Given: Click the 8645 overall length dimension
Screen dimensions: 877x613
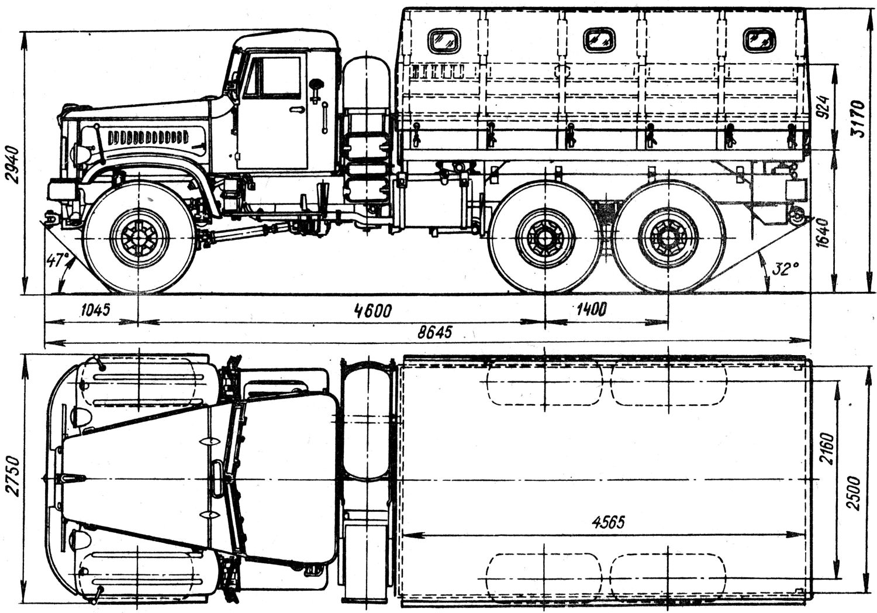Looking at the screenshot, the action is [434, 333].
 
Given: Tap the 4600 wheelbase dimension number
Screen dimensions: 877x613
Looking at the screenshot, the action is [372, 311].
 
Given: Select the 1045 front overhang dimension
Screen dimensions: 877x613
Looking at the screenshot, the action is [95, 310].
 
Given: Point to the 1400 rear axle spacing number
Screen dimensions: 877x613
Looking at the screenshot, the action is [591, 310].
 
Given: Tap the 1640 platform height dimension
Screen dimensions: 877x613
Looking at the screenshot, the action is [824, 232].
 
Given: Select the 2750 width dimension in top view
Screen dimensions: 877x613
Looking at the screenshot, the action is [14, 476].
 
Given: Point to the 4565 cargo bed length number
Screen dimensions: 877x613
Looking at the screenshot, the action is [608, 522].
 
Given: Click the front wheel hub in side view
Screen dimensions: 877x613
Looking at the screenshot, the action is [139, 237].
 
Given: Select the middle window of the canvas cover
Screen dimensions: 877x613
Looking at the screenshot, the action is [599, 40].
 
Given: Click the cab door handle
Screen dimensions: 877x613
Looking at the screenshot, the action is [298, 109].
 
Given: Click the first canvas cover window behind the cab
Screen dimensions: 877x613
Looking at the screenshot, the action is [444, 41].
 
